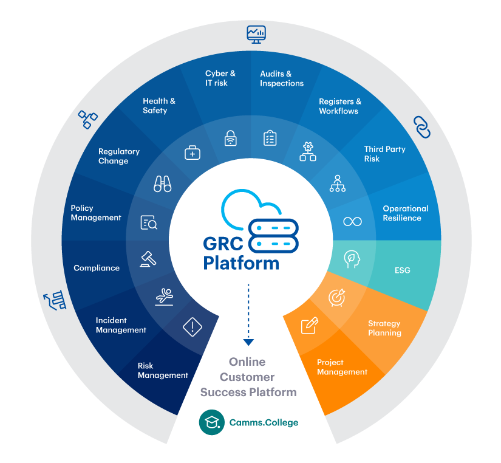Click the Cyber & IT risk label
(x=220, y=78)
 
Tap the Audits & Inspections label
(x=282, y=78)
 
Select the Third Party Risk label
(x=384, y=154)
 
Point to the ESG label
(x=403, y=270)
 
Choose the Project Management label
(x=342, y=367)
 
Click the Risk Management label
(x=163, y=371)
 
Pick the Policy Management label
(x=96, y=213)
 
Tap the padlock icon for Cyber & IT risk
(x=230, y=138)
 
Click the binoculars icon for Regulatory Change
(x=163, y=184)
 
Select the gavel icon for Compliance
(x=148, y=258)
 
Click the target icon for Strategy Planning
(x=336, y=297)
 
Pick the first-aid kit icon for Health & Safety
(x=193, y=153)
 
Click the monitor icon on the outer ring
(x=256, y=33)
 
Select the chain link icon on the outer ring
(x=422, y=126)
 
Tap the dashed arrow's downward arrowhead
(x=248, y=342)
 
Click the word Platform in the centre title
(x=241, y=263)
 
